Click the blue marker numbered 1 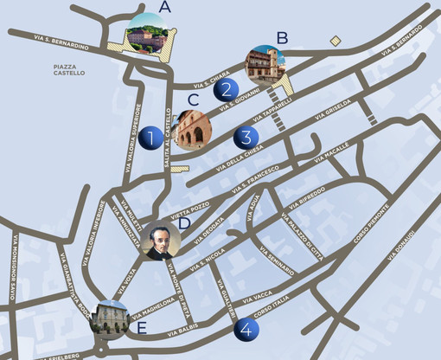click(150, 137)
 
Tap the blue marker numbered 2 click(226, 89)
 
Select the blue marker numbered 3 click(246, 137)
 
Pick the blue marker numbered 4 click(246, 330)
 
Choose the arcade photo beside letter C click(194, 130)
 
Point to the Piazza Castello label click(69, 70)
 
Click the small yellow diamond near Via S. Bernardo click(336, 41)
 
